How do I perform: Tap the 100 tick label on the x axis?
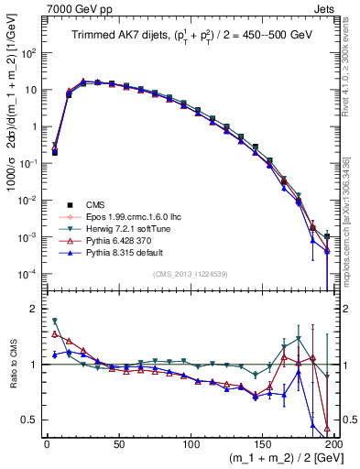[x=191, y=442]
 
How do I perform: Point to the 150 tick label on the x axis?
[x=263, y=442]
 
